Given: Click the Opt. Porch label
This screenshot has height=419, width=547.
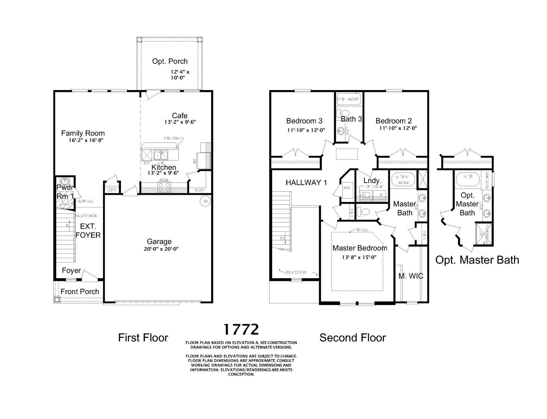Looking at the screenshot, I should tap(170, 61).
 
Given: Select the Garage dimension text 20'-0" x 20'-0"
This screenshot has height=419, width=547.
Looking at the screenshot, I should tap(161, 249).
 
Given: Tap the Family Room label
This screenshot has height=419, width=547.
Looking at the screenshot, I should tap(83, 133).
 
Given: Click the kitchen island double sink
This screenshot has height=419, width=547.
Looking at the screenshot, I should tap(161, 155).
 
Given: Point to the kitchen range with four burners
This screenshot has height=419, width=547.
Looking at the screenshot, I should tap(164, 187).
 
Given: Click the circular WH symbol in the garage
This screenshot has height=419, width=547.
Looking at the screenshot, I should tap(205, 201).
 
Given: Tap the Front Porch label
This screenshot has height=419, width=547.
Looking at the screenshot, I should tap(80, 292).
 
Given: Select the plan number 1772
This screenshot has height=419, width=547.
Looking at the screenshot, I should tap(241, 329).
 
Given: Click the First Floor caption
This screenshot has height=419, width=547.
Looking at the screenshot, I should tap(143, 338).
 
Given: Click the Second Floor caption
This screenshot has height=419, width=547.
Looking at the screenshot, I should tap(352, 338).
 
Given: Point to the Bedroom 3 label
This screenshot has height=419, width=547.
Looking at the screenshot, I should tap(304, 121).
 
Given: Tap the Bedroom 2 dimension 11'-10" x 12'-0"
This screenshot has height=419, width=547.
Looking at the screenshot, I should tap(398, 128).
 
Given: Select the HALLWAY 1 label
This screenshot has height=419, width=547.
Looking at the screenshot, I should tap(306, 183).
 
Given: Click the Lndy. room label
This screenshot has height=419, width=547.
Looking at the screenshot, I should tap(372, 181).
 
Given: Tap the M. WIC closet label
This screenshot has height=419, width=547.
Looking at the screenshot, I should tap(410, 276).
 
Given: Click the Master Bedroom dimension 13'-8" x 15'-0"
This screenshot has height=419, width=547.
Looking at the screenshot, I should tap(359, 257).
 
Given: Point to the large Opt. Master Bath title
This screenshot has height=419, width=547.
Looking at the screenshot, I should tap(477, 260).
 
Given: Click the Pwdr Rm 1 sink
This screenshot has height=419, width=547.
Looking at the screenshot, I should tap(65, 181).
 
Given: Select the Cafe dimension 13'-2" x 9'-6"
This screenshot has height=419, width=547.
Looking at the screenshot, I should tap(180, 122).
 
